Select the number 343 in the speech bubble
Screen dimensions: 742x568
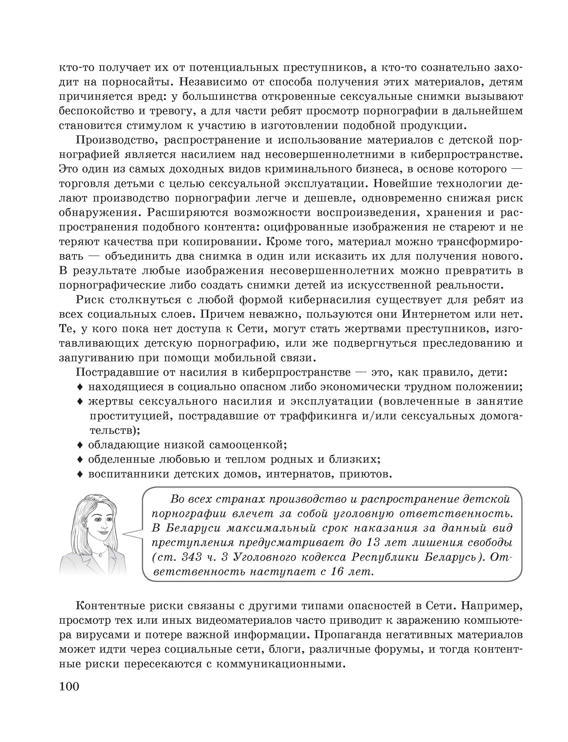192,557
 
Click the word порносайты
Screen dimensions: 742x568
137,82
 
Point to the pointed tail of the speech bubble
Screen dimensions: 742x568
124,534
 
